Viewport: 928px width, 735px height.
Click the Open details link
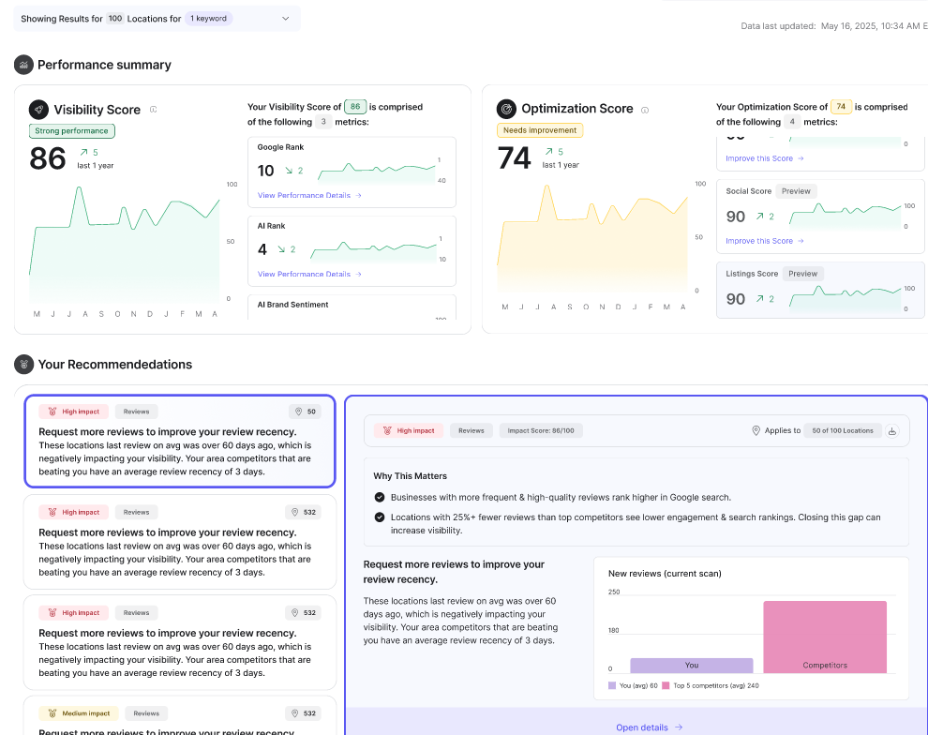[649, 727]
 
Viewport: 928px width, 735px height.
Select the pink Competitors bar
[825, 637]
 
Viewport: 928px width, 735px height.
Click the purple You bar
[691, 665]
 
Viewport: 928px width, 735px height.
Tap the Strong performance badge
[72, 131]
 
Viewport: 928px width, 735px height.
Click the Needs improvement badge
[540, 130]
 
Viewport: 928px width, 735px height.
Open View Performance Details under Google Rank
[309, 195]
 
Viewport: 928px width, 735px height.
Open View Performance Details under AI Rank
[309, 274]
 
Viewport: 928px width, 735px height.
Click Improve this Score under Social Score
[765, 241]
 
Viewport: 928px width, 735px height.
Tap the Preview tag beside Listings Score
[802, 274]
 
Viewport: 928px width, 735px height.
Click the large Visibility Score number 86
[48, 158]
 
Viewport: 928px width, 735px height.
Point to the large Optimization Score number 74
[515, 158]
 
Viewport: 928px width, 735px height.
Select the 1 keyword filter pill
[209, 18]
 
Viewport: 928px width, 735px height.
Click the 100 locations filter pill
[115, 18]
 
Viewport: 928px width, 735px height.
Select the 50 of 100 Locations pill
[843, 430]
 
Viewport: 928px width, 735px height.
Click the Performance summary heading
[104, 65]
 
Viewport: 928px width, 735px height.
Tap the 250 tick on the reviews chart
[614, 592]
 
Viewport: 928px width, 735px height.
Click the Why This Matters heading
[411, 476]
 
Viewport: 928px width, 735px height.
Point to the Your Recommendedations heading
[114, 365]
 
